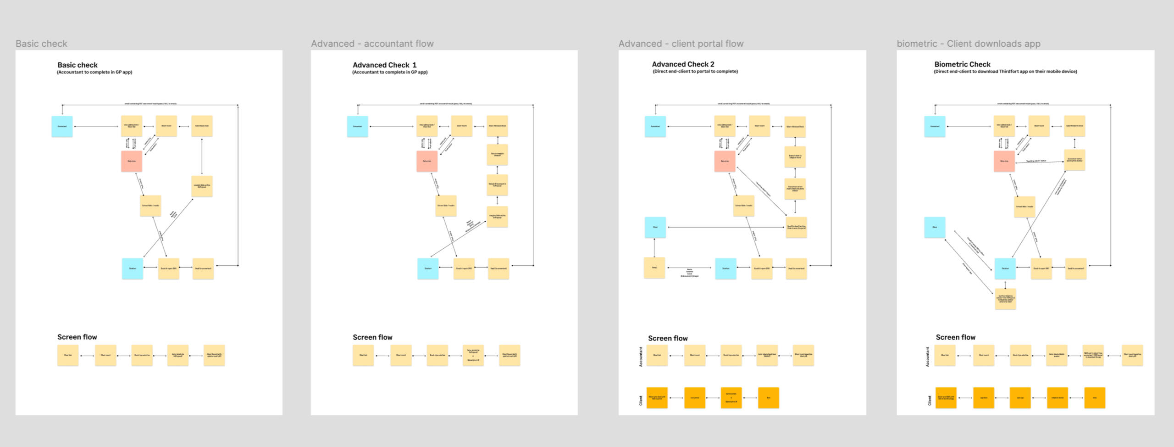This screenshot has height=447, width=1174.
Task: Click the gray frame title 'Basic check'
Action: [x=41, y=44]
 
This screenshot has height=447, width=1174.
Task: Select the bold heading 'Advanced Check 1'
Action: [x=384, y=65]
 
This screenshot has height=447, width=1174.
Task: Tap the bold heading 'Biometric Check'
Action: [x=962, y=64]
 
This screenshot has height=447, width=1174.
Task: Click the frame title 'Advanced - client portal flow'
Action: [x=681, y=44]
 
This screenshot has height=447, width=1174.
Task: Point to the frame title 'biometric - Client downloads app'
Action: [x=968, y=44]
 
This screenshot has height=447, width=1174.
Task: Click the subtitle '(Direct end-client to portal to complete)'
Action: [x=695, y=72]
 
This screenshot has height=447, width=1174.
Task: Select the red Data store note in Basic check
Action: [x=132, y=161]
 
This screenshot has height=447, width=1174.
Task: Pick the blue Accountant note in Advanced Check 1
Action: [x=357, y=126]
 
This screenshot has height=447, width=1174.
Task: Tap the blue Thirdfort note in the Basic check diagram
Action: [x=133, y=268]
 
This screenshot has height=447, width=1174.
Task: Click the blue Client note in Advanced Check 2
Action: [x=655, y=227]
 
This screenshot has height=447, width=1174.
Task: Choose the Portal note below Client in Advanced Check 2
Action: [x=654, y=268]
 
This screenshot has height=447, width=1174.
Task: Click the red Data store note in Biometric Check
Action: [x=1004, y=161]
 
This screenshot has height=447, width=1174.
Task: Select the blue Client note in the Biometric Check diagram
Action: [x=935, y=227]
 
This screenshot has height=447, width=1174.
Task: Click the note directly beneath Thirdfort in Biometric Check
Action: [x=1006, y=299]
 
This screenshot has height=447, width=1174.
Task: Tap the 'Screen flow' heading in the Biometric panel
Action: [x=955, y=337]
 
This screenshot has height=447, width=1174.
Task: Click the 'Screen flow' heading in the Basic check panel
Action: [x=77, y=337]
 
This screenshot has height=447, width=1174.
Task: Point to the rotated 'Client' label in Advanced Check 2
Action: [x=641, y=400]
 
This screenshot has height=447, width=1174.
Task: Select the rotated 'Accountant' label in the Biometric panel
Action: [x=927, y=357]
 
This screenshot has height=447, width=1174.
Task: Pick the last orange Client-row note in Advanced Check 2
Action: [x=769, y=398]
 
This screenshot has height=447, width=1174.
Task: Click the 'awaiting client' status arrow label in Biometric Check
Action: [x=1036, y=161]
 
